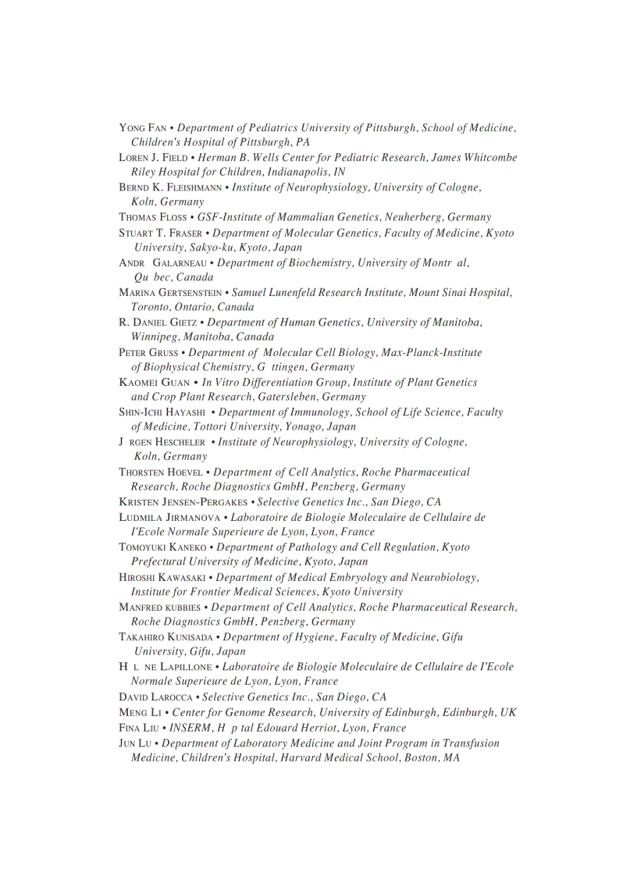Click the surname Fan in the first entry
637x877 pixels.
156,128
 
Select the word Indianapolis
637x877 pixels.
298,172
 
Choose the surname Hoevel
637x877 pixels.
182,472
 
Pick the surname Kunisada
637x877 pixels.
194,637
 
